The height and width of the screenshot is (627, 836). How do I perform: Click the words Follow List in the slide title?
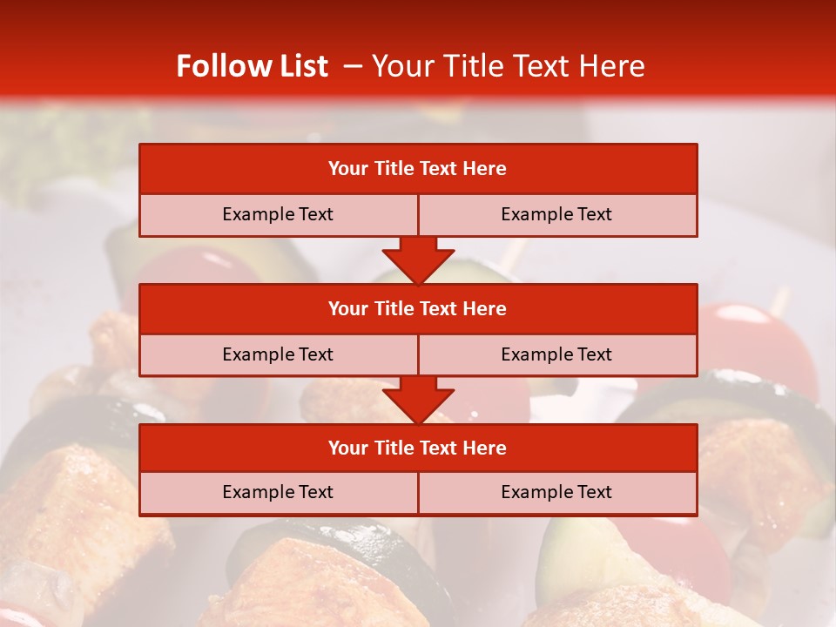click(x=252, y=66)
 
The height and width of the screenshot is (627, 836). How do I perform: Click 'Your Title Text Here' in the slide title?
click(x=508, y=66)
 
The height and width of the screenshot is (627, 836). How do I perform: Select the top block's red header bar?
click(x=418, y=169)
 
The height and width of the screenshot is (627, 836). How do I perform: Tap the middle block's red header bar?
click(x=418, y=308)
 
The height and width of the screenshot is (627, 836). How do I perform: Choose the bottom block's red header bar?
click(x=418, y=448)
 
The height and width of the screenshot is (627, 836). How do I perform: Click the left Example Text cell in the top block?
click(x=278, y=214)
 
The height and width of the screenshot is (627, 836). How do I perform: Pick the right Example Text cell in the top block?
click(x=556, y=214)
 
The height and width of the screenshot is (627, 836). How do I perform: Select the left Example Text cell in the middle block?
click(x=278, y=354)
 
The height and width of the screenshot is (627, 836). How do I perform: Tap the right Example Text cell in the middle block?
click(x=556, y=354)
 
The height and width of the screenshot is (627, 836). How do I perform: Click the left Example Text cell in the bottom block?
click(x=278, y=492)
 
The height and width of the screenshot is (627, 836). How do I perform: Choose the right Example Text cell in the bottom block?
click(x=556, y=492)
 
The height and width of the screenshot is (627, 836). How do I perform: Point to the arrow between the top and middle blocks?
click(x=418, y=260)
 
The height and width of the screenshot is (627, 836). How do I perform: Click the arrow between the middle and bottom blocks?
click(x=418, y=400)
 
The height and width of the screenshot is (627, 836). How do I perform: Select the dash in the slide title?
click(x=353, y=66)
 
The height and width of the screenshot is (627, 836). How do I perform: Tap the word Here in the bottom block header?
click(x=484, y=448)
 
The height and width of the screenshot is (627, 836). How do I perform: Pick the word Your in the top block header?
click(x=348, y=169)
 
